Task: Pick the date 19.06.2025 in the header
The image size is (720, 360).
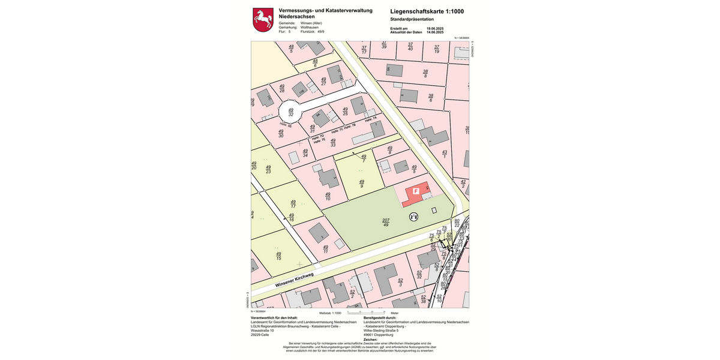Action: (435, 28)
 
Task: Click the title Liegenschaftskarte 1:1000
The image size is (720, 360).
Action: (427, 11)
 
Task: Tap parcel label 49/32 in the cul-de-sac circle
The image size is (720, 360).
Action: (290, 112)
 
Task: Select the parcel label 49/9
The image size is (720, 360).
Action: (361, 183)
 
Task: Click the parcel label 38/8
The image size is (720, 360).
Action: (425, 74)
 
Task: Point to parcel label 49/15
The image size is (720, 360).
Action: (278, 256)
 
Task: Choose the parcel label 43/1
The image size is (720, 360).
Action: (445, 154)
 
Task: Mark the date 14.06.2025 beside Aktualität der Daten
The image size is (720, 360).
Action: (435, 32)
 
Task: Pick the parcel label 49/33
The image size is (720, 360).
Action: (333, 142)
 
